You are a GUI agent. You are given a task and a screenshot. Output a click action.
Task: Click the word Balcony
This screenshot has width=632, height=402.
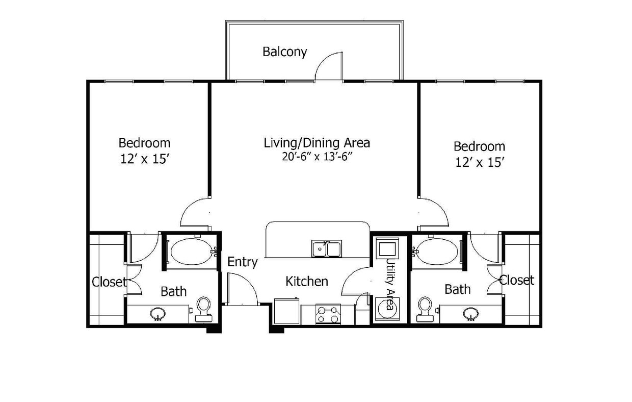coord(284,52)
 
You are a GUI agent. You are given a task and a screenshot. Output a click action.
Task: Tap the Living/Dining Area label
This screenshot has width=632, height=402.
coord(317,143)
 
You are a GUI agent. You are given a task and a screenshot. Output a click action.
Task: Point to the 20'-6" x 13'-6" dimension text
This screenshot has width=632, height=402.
coord(317,157)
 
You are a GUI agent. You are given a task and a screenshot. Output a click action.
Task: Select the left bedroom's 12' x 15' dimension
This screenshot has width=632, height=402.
coord(145,159)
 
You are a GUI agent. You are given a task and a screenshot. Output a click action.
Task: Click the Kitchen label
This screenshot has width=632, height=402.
coord(306,281)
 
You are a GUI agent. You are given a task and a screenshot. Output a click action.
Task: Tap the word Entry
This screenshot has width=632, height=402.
coord(242,262)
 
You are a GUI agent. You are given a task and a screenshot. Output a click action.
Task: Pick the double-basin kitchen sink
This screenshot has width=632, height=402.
coord(327,248)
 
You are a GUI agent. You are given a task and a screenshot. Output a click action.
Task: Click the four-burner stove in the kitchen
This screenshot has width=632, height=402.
coord(328,314)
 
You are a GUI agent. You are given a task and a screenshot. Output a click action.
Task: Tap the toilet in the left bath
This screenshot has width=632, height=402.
coord(203,309)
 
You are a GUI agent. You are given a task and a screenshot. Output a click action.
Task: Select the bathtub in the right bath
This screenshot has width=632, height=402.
coord(436,251)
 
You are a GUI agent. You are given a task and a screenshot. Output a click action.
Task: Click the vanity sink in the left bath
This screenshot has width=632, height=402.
coord(158,313)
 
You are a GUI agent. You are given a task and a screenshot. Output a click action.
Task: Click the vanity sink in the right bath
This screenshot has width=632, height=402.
coord(470,313)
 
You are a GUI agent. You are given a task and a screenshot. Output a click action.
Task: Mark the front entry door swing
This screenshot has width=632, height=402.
coord(242,289)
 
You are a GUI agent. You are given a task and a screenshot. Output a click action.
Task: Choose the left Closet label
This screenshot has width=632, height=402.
coord(108,282)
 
